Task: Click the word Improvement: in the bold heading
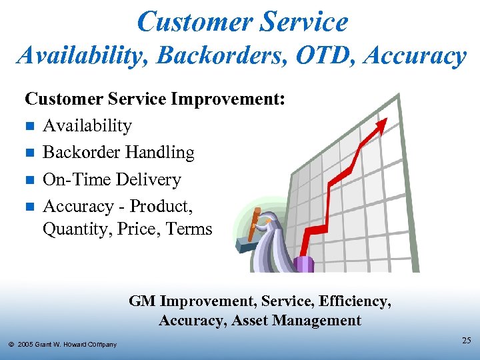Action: (228, 99)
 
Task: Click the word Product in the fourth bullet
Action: (161, 207)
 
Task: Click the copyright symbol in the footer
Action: (11, 345)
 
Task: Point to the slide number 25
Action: (466, 341)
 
